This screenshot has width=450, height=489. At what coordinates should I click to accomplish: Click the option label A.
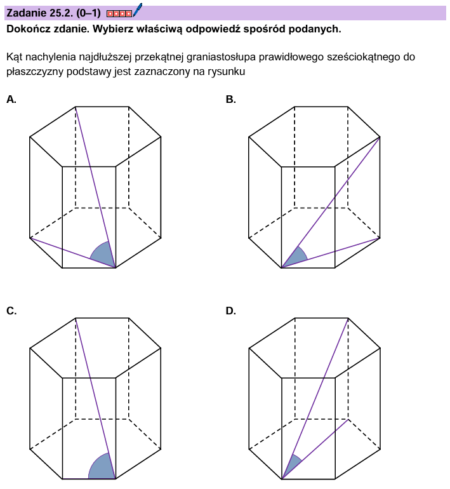tap(11, 100)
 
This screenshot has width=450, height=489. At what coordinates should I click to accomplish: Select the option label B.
tap(230, 100)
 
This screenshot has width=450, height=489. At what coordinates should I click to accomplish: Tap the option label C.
tap(11, 311)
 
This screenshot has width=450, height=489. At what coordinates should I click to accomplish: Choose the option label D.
tap(230, 311)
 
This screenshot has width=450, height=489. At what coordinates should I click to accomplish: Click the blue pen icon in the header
tap(138, 10)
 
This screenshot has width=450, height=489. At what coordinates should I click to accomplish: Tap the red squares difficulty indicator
tap(119, 13)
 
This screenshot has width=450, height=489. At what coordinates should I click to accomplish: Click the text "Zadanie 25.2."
tap(40, 13)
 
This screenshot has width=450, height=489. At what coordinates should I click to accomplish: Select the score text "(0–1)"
tap(88, 13)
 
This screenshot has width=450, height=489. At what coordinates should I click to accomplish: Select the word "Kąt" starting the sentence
tap(15, 57)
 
